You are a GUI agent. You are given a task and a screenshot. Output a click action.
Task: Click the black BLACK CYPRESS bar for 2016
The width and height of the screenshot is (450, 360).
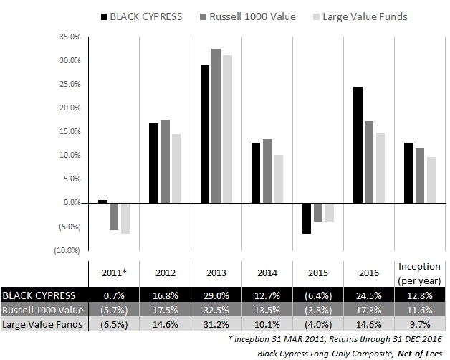click(358, 145)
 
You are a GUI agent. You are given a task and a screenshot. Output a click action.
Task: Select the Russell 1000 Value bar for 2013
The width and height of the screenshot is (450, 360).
click(216, 125)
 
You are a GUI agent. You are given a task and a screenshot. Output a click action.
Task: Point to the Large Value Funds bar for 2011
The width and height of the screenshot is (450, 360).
click(125, 218)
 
